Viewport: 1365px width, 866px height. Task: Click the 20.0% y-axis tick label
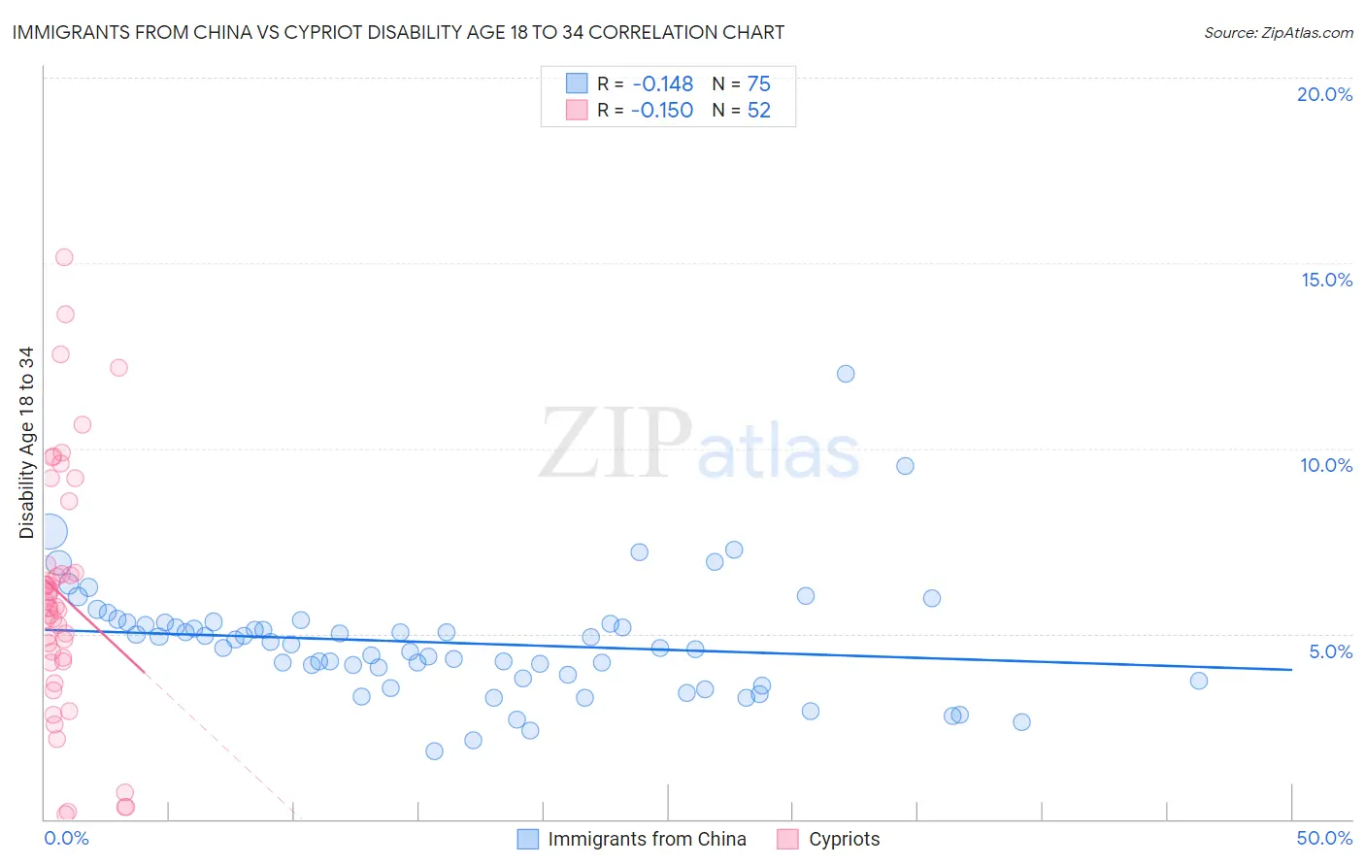point(1324,94)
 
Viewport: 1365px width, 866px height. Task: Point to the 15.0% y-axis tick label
point(1326,280)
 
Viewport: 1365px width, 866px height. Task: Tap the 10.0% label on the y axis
point(1326,465)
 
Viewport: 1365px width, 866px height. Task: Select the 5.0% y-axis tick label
point(1330,651)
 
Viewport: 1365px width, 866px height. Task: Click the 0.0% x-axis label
point(66,838)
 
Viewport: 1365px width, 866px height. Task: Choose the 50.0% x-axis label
point(1324,838)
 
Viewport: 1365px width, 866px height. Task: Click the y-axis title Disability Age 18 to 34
point(26,443)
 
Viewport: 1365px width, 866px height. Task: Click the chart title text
point(398,32)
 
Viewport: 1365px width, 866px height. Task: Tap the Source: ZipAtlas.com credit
point(1278,32)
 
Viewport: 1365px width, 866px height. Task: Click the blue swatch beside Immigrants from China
point(527,839)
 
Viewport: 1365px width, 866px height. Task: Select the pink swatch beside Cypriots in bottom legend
point(787,839)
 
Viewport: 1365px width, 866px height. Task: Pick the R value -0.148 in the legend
point(662,84)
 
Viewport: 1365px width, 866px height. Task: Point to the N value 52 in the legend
point(758,111)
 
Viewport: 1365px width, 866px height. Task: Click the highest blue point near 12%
point(846,374)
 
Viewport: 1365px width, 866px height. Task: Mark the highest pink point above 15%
point(64,257)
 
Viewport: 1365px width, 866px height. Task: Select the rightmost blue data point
point(1199,681)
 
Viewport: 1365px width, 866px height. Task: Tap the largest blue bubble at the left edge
point(50,532)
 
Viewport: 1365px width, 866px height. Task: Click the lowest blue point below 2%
point(434,751)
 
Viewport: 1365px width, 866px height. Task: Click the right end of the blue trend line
point(1291,670)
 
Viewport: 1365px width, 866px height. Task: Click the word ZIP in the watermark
point(615,444)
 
